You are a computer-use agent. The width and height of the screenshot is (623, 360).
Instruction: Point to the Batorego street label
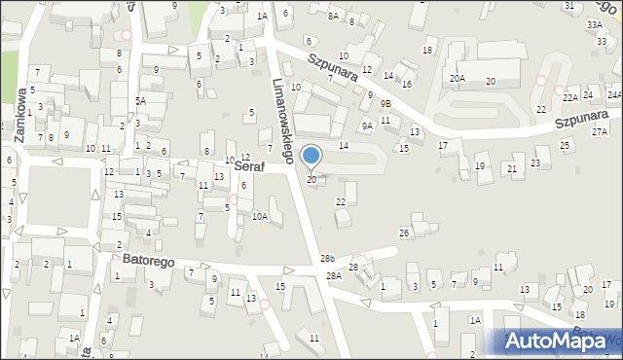pyautogui.click(x=148, y=260)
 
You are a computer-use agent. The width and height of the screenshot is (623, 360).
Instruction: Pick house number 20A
pyautogui.click(x=457, y=78)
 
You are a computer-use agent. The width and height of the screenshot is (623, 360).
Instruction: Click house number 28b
pyautogui.click(x=327, y=259)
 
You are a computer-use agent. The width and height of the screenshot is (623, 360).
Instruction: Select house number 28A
pyautogui.click(x=334, y=276)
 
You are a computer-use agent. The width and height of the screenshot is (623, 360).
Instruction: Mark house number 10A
pyautogui.click(x=260, y=217)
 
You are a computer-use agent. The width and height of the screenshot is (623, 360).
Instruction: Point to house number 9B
pyautogui.click(x=385, y=103)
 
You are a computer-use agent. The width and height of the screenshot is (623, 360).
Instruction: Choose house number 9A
pyautogui.click(x=367, y=126)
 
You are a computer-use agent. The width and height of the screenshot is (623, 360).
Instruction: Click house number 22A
pyautogui.click(x=570, y=97)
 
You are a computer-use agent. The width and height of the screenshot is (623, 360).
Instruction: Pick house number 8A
pyautogui.click(x=333, y=16)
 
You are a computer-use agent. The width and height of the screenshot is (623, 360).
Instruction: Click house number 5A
pyautogui.click(x=140, y=101)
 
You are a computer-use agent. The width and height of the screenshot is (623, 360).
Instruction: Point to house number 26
pyautogui.click(x=404, y=233)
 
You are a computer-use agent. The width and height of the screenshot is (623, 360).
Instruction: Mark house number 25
pyautogui.click(x=565, y=145)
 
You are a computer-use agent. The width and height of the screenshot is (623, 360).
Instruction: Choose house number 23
pyautogui.click(x=535, y=162)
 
